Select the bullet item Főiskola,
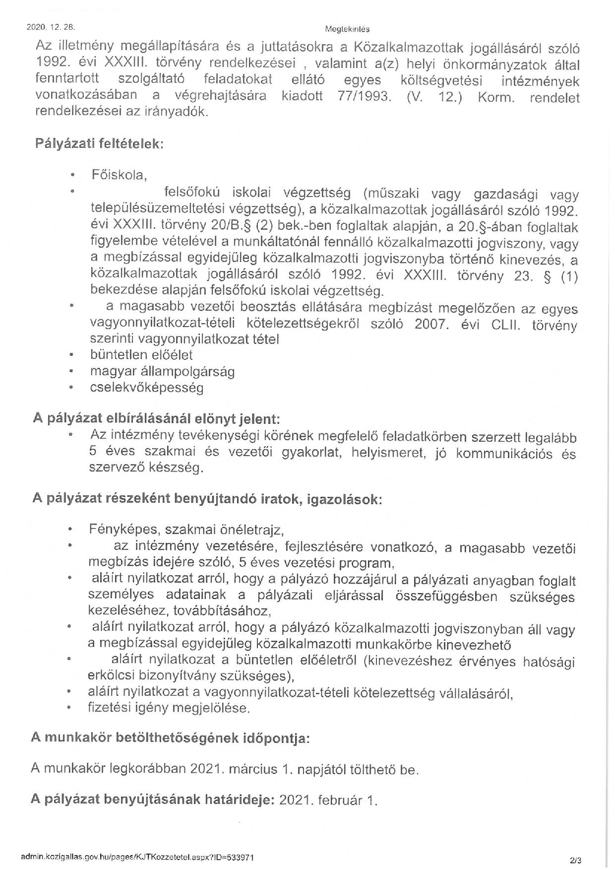[119, 175]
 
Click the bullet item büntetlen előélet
[141, 355]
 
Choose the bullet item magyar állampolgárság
[162, 371]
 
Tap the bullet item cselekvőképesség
[147, 388]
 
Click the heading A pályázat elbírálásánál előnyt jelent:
[157, 418]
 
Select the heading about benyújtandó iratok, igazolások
[207, 499]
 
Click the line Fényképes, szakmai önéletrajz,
[186, 530]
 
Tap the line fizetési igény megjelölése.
[169, 708]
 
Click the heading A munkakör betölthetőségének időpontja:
[170, 738]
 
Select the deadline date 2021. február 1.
[328, 800]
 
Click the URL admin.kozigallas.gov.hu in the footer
[138, 857]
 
